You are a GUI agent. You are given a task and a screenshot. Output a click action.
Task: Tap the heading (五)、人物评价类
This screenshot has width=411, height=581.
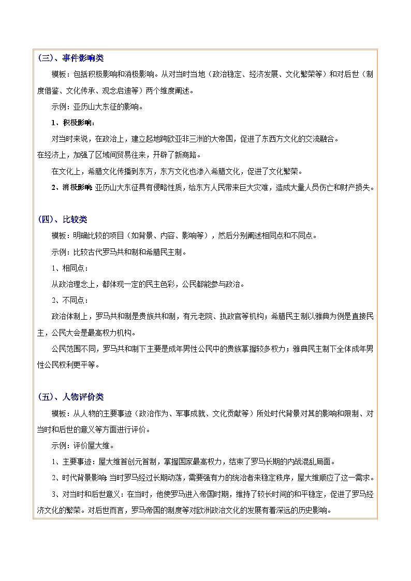(70, 397)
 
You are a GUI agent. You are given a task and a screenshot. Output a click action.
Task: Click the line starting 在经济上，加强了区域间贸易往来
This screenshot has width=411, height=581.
(119, 155)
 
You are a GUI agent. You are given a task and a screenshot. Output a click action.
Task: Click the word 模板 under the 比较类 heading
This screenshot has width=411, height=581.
(58, 236)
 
